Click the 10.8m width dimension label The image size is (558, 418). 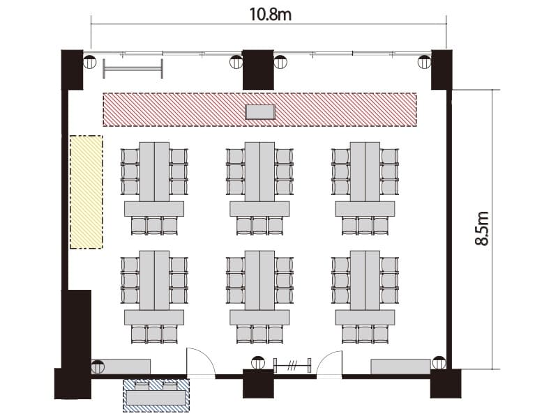(270, 15)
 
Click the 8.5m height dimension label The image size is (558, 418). (482, 229)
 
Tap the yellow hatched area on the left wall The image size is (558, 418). (86, 192)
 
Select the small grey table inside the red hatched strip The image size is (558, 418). (260, 112)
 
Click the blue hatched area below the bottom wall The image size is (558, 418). (156, 396)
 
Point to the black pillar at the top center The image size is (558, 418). (258, 70)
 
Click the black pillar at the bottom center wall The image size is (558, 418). (258, 384)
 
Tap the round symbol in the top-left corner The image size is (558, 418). (90, 62)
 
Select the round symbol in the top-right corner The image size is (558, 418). (424, 62)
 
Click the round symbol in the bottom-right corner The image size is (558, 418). (439, 362)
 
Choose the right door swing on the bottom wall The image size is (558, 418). (329, 363)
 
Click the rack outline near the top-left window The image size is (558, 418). (133, 68)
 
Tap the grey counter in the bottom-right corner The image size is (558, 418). (400, 366)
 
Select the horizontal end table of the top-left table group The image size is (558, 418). (154, 208)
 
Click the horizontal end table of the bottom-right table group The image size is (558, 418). (365, 317)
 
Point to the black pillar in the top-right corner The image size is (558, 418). (442, 70)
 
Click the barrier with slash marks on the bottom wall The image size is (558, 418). (292, 365)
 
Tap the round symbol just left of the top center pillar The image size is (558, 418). (236, 62)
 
